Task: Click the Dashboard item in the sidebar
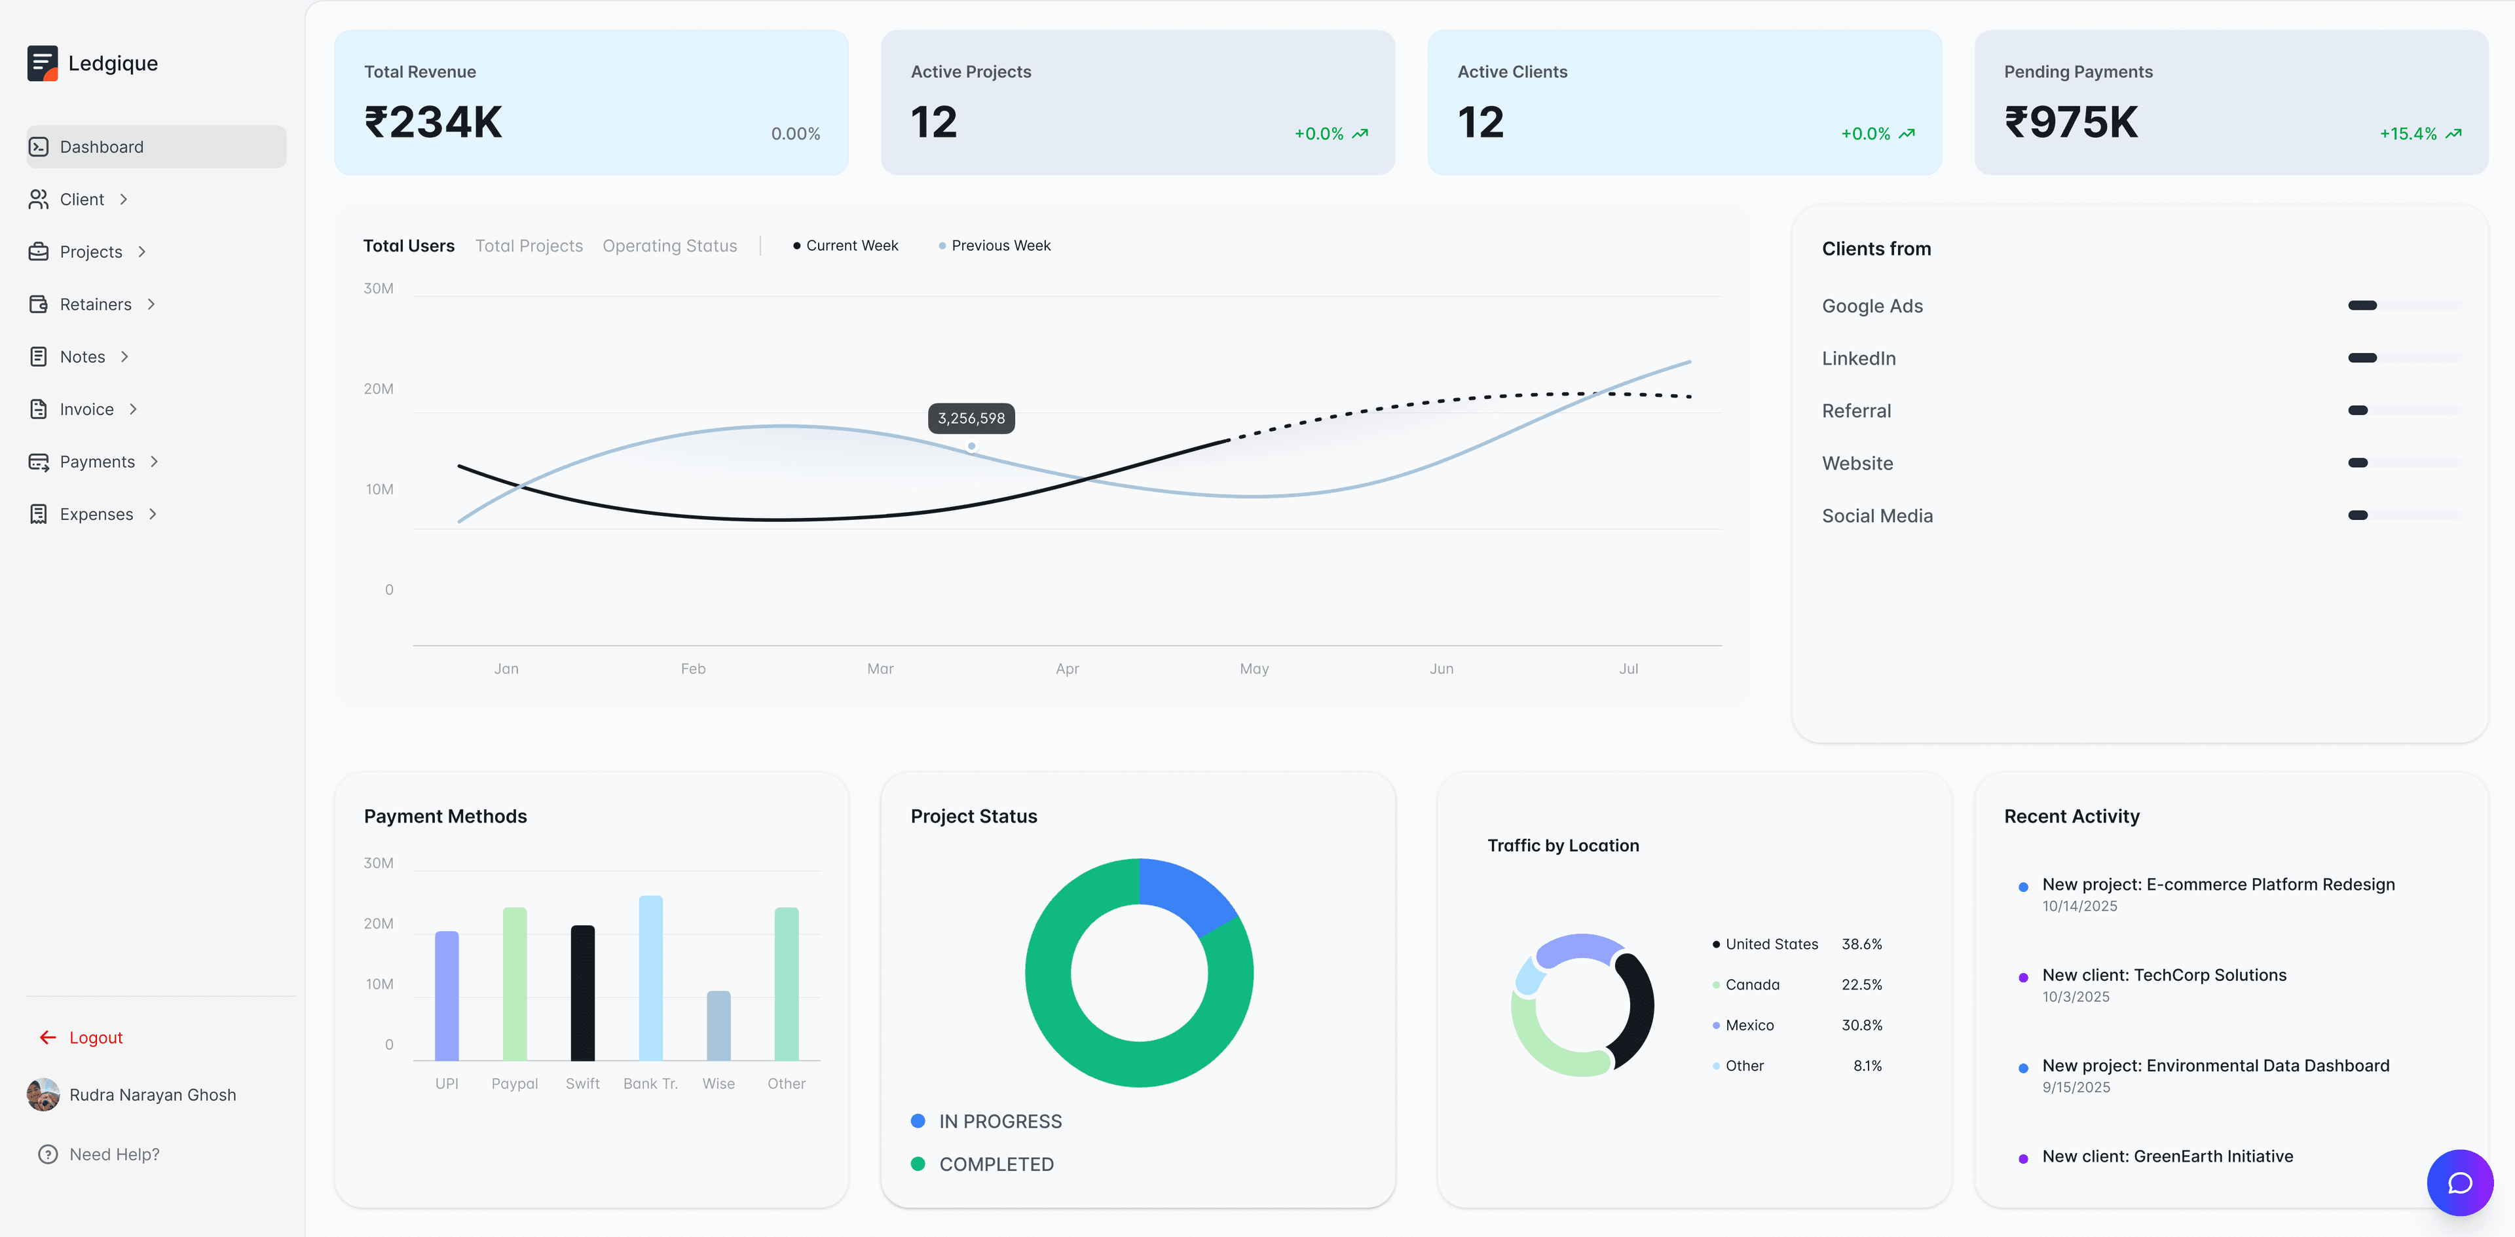pos(102,147)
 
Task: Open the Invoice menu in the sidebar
pos(86,409)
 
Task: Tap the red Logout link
pos(95,1037)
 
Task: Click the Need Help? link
pos(113,1154)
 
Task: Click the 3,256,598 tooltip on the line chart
pos(971,418)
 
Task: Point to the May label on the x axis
pos(1254,669)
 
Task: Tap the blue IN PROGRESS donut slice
pos(1185,893)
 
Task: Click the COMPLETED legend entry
pos(995,1164)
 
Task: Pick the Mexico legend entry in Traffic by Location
pos(1749,1025)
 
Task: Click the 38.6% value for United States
pos(1861,944)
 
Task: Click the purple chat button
pos(2459,1183)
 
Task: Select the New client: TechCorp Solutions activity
pos(2163,974)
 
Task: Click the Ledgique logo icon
pos(42,64)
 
